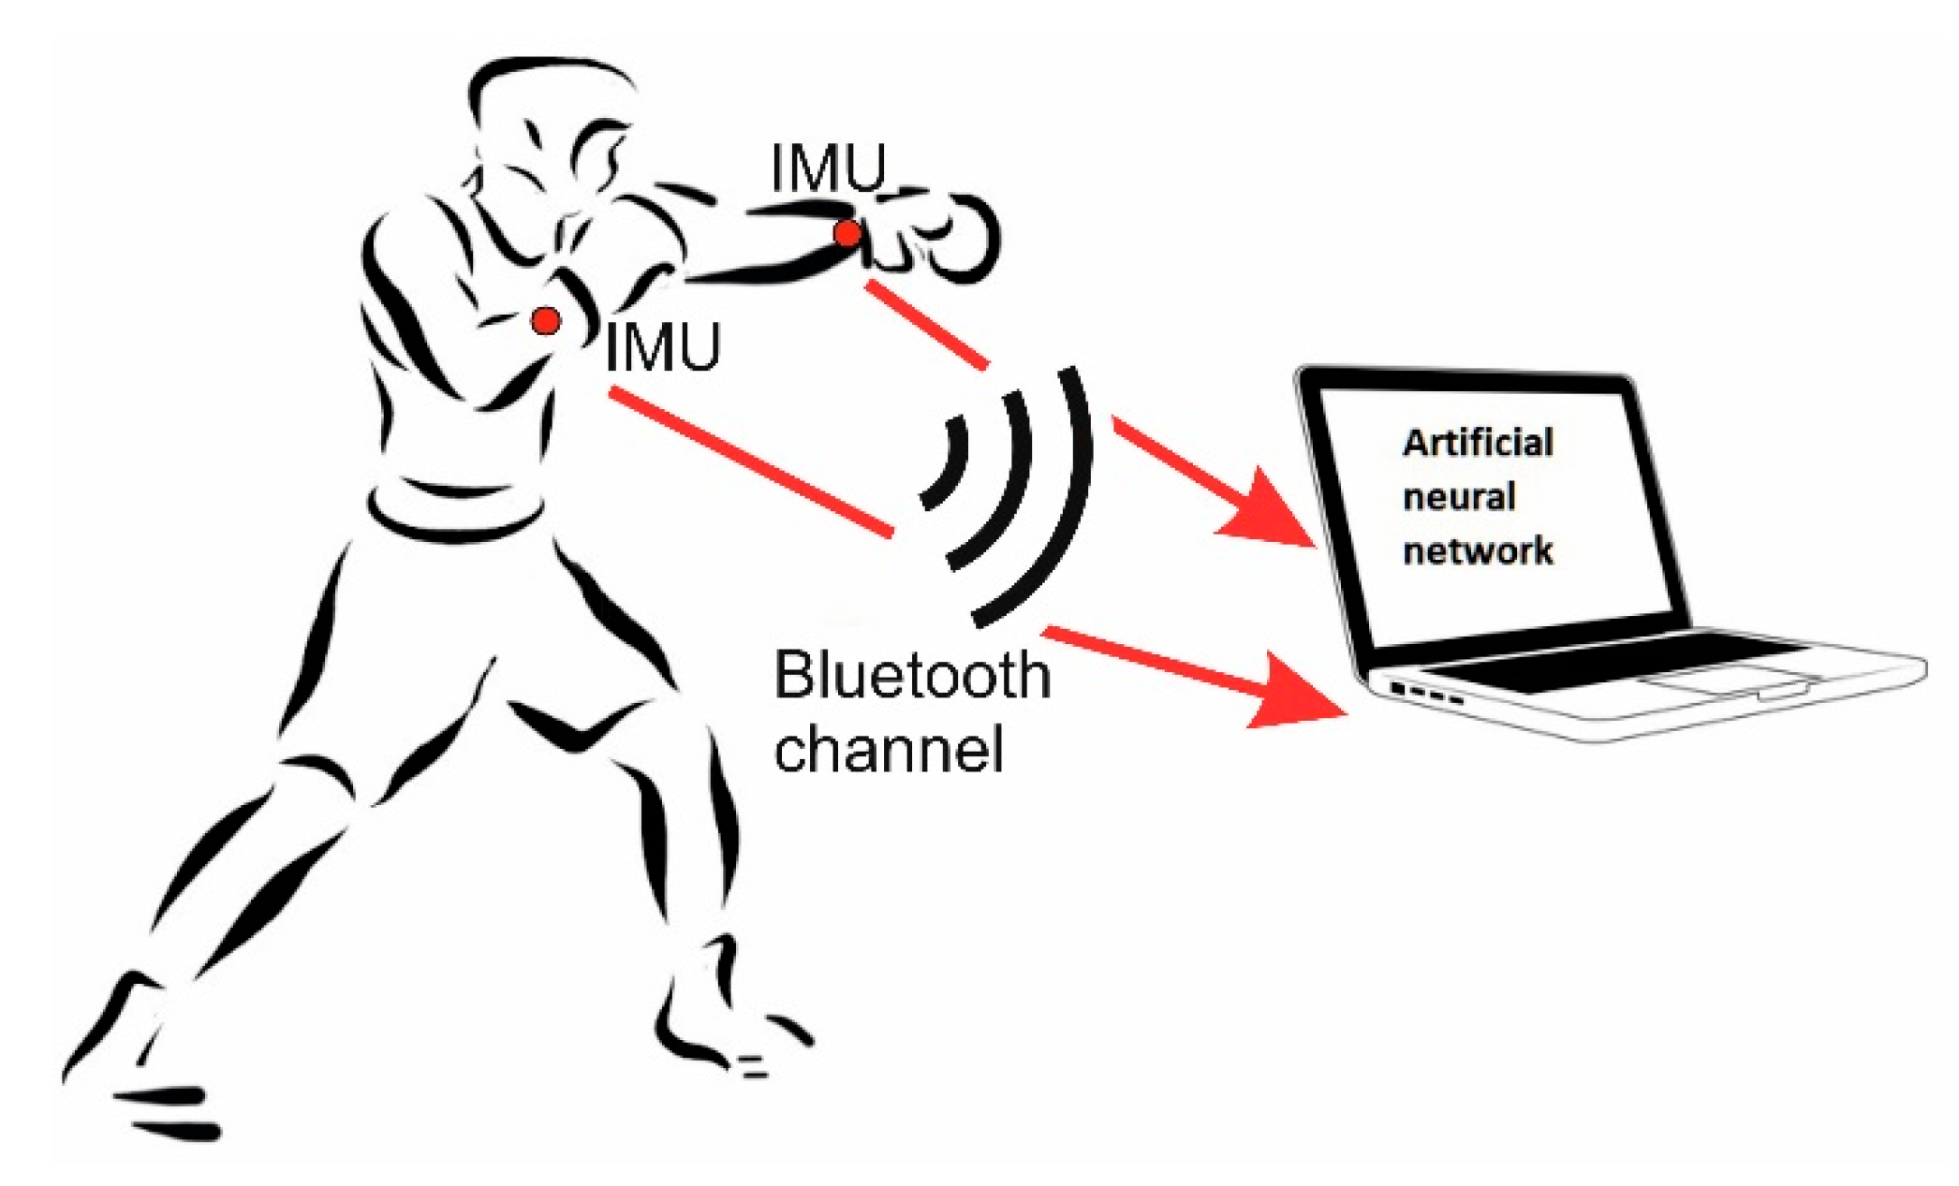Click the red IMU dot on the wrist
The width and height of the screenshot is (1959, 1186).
pyautogui.click(x=847, y=233)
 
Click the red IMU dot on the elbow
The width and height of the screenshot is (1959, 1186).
pyautogui.click(x=546, y=321)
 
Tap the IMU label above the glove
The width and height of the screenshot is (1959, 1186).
pyautogui.click(x=828, y=169)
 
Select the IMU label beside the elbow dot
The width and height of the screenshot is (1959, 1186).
pyautogui.click(x=663, y=348)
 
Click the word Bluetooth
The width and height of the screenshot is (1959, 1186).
pyautogui.click(x=911, y=676)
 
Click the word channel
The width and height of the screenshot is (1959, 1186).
pyautogui.click(x=889, y=749)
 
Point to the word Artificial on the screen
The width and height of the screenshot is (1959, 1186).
pyautogui.click(x=1477, y=443)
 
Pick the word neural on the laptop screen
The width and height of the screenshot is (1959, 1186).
pyautogui.click(x=1458, y=497)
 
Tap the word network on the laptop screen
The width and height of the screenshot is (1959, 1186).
pyautogui.click(x=1477, y=550)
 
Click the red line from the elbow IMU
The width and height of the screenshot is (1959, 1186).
pyautogui.click(x=749, y=462)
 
